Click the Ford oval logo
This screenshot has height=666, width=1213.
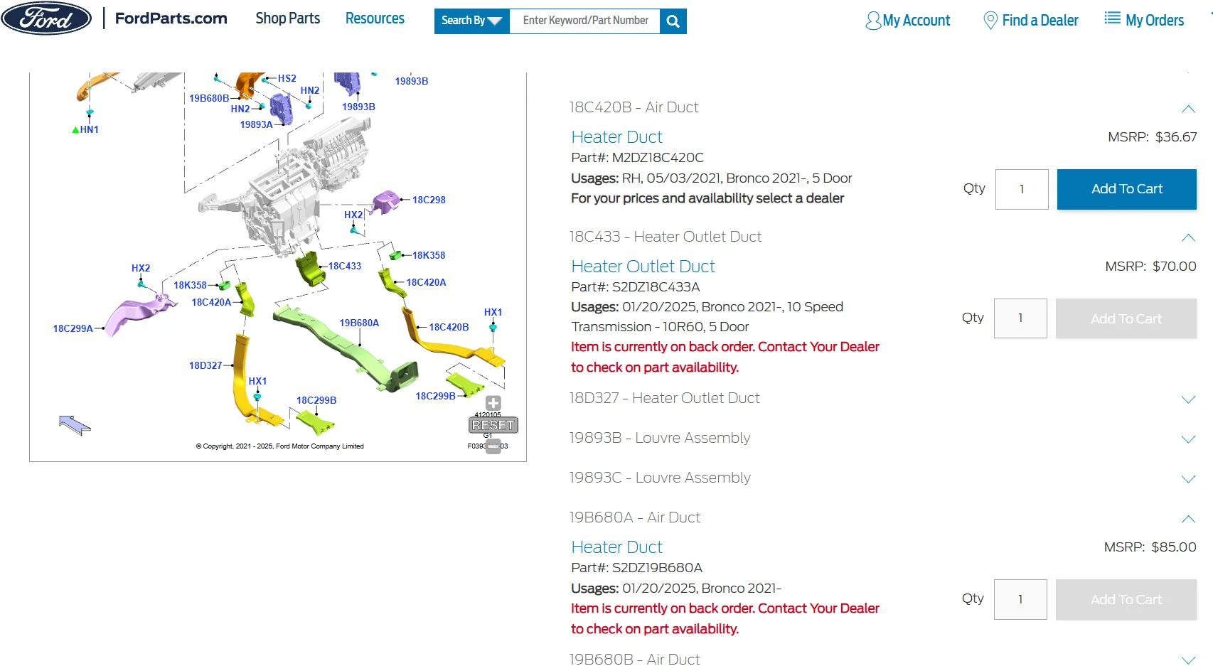(x=46, y=18)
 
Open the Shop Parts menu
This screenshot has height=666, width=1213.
(x=287, y=18)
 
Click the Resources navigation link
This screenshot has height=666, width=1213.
(x=375, y=18)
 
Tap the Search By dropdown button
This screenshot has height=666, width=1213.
(x=471, y=21)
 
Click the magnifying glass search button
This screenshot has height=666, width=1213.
(x=673, y=21)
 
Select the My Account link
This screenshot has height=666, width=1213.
(x=907, y=21)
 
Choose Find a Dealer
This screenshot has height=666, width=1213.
(x=1030, y=21)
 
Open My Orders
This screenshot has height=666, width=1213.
(x=1144, y=20)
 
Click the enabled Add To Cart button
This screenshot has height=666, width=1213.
(x=1127, y=189)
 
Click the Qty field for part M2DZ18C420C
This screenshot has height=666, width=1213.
(x=1022, y=189)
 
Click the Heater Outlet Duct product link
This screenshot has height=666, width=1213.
(x=643, y=267)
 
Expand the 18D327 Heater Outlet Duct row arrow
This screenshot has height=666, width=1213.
(x=1188, y=399)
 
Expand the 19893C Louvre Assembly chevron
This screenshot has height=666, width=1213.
(x=1188, y=479)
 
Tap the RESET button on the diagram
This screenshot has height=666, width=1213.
(x=493, y=425)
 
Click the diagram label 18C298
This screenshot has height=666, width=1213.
(x=429, y=200)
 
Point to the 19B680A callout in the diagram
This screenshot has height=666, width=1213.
(x=359, y=323)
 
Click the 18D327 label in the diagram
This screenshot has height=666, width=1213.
(x=205, y=365)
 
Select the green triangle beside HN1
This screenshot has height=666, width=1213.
(x=75, y=130)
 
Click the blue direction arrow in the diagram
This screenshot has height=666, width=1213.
(x=75, y=425)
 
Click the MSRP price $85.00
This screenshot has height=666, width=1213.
(x=1174, y=547)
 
